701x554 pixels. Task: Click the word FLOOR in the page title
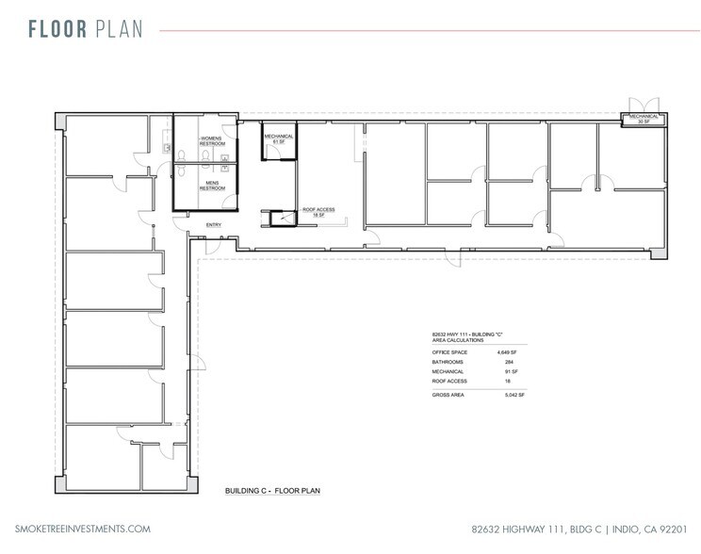click(57, 29)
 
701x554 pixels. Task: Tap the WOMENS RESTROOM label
click(213, 143)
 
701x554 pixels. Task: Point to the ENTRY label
click(214, 225)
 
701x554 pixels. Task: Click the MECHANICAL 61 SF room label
click(279, 138)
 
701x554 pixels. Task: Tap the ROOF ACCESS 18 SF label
click(314, 213)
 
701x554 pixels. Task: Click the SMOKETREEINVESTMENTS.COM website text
click(83, 530)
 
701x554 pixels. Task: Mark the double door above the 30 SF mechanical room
click(644, 104)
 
